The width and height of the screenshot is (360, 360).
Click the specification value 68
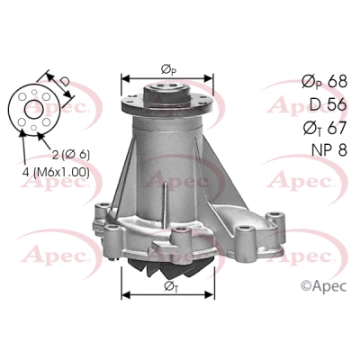[337, 82]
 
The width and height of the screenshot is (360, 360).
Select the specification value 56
[337, 104]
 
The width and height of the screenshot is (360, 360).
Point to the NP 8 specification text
[329, 149]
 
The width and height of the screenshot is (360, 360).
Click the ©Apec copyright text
[324, 285]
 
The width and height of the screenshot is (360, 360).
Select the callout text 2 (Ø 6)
[71, 155]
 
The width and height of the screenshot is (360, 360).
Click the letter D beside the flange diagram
[64, 81]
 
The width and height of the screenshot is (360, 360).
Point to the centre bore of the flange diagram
[33, 109]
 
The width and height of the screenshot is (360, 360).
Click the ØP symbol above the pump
[168, 70]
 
